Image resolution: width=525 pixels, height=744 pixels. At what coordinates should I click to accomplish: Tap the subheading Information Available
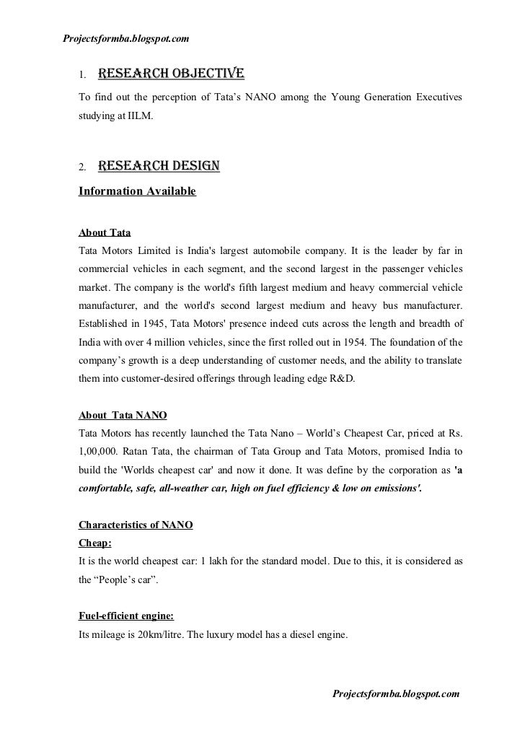tap(136, 193)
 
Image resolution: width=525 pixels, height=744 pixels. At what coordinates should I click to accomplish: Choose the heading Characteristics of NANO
tap(135, 525)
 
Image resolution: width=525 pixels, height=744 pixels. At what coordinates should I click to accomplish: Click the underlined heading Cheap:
tap(94, 543)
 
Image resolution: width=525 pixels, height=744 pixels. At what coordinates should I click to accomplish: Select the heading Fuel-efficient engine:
tap(125, 617)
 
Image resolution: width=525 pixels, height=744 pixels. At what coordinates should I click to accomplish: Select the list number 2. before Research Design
tap(82, 169)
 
